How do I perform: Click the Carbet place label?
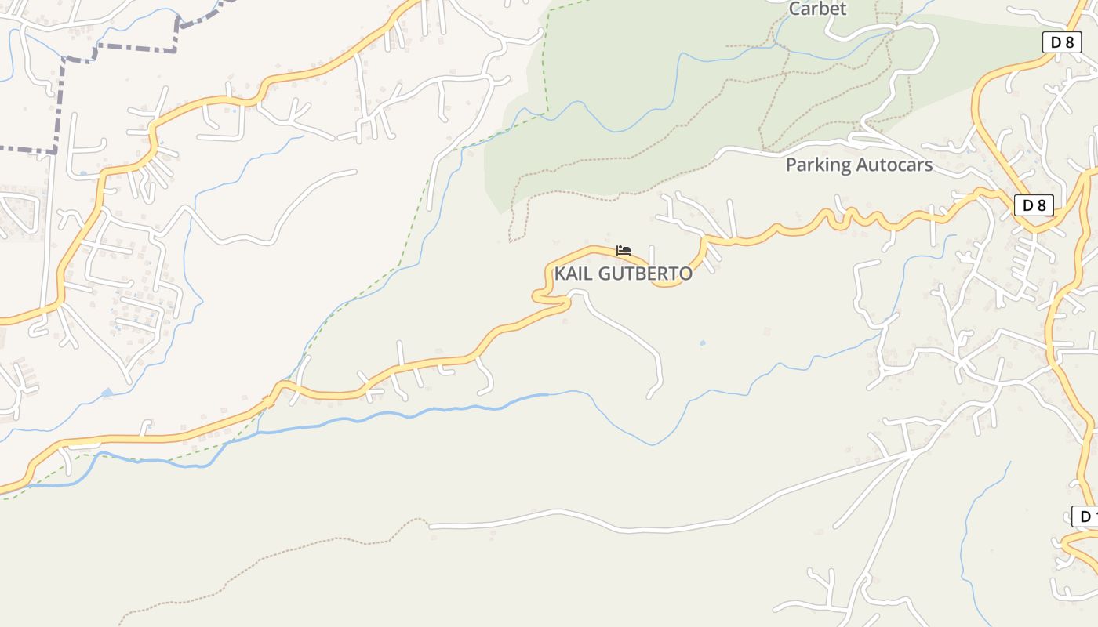click(817, 9)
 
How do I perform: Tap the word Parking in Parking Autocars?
click(818, 165)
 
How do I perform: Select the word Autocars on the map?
click(893, 165)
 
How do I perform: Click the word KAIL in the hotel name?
click(573, 274)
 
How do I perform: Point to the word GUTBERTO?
click(645, 274)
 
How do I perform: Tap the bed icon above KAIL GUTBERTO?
click(624, 251)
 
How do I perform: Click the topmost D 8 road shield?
click(1062, 42)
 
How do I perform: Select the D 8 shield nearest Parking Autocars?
click(1034, 205)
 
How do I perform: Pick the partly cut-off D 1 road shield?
click(1085, 516)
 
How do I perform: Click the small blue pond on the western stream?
click(107, 392)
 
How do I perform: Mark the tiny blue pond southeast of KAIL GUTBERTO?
click(701, 342)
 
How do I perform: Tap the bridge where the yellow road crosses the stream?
click(269, 401)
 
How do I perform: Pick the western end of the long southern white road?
click(432, 526)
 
